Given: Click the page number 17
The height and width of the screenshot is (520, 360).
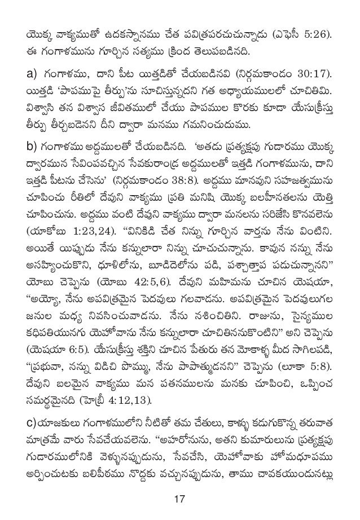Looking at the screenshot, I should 179,498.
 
